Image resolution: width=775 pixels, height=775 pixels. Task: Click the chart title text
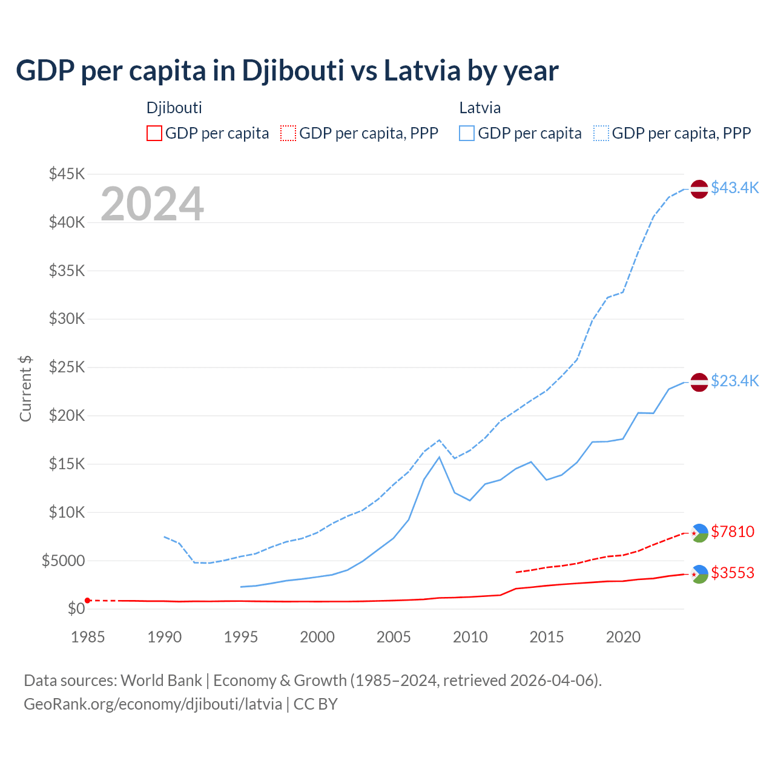click(287, 71)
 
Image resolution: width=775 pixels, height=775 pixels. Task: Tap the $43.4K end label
click(734, 188)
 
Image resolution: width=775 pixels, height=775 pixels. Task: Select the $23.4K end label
click(734, 381)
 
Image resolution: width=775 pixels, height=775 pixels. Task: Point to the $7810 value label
click(733, 532)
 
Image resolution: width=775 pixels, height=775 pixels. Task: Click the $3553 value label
click(733, 573)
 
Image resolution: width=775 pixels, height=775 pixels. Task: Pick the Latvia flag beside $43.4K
click(699, 189)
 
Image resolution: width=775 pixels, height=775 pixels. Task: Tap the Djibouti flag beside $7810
click(699, 533)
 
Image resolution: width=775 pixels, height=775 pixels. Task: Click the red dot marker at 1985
click(88, 600)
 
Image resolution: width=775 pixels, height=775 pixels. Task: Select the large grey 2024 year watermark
click(152, 204)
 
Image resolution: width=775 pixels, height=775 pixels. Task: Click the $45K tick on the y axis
click(67, 174)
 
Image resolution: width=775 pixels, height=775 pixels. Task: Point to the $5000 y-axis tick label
click(63, 561)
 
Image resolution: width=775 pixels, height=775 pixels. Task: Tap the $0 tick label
click(76, 608)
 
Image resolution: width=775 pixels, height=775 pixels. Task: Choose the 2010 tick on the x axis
click(470, 637)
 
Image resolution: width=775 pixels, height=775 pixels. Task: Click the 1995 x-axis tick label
click(240, 637)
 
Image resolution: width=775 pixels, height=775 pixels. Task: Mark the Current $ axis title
click(25, 388)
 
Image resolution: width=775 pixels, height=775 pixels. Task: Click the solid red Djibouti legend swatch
click(154, 133)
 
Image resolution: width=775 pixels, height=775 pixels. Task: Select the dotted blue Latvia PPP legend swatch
click(601, 133)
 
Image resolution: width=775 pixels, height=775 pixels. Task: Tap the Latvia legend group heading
click(480, 108)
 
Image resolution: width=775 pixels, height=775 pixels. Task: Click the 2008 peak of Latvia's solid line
click(439, 457)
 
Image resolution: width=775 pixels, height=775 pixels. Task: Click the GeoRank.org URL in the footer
click(153, 704)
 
